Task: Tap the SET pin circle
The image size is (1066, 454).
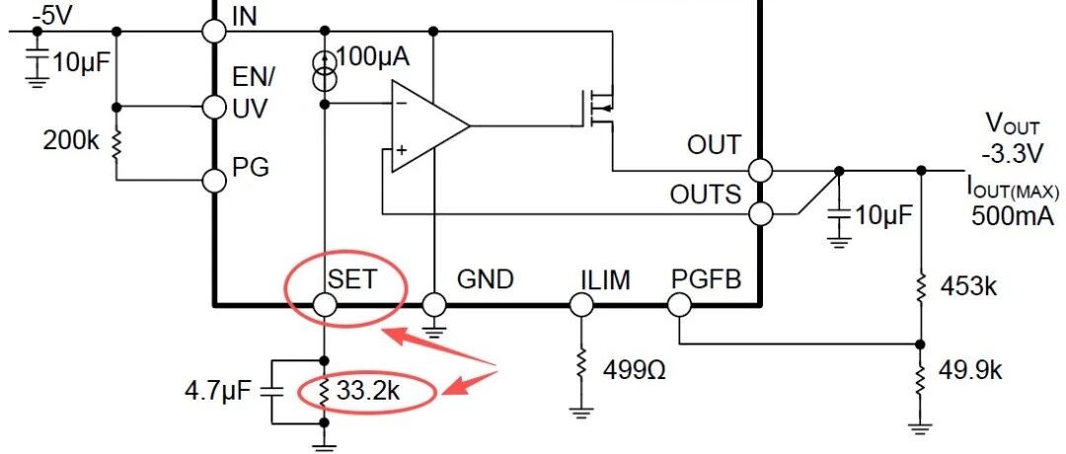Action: coord(325,305)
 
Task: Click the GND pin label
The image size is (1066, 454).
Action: coord(485,279)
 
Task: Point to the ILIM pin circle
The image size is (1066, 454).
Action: coord(580,305)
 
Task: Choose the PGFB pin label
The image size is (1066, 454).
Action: coord(706,279)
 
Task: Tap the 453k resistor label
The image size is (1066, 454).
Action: coord(968,287)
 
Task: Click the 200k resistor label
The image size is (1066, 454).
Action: coord(71,141)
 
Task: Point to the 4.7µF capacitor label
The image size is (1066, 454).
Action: coord(217,392)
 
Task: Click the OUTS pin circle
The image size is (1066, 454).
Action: coord(761,215)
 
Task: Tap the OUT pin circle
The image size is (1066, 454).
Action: coord(760,170)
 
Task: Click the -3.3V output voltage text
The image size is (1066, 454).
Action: coord(1012,154)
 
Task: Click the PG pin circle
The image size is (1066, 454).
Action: coord(215,181)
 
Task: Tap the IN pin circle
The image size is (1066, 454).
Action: coord(215,31)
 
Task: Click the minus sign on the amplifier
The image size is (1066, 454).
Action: coord(401,104)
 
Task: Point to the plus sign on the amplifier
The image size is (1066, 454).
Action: coord(401,149)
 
